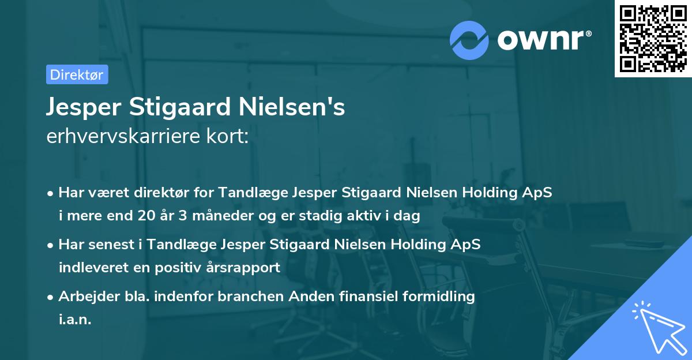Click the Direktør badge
tap(77, 74)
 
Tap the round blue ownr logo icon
tap(469, 40)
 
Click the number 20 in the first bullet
tap(142, 216)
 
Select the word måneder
tap(205, 216)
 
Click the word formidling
tap(440, 297)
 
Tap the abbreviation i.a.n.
tap(75, 319)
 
